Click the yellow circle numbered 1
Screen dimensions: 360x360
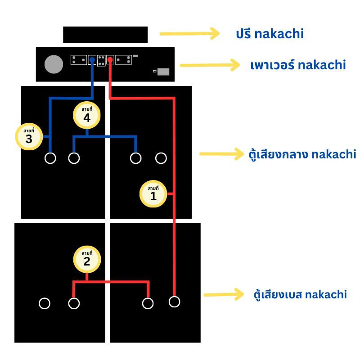pos(153,194)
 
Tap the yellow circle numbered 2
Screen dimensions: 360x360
pos(87,259)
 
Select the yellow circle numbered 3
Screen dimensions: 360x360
pos(29,136)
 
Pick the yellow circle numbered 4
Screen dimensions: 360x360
pos(87,116)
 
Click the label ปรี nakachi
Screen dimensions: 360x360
pos(270,34)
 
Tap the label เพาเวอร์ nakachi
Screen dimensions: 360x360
pos(298,65)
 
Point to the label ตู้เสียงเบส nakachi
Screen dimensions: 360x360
pos(300,295)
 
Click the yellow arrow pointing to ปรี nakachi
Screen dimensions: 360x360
pos(189,33)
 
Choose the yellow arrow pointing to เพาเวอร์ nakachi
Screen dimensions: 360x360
pos(210,65)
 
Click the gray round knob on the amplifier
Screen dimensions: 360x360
pos(54,64)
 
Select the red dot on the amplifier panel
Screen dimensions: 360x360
pos(110,59)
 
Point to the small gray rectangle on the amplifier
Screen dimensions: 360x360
pos(163,72)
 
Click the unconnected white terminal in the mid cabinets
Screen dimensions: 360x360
pos(161,158)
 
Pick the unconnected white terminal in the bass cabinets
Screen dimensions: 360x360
pos(45,303)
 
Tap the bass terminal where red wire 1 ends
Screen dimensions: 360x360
pos(175,301)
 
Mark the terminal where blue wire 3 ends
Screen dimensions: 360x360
pos(50,158)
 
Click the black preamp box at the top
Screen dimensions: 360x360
pos(105,35)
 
